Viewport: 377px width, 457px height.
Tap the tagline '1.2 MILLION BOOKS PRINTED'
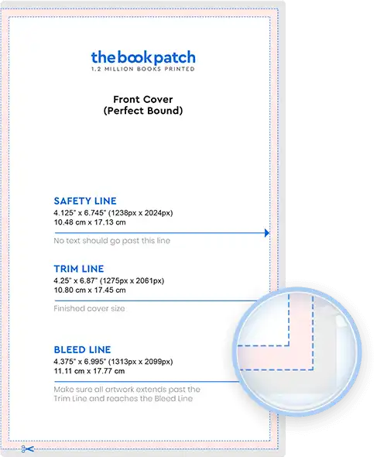(x=143, y=69)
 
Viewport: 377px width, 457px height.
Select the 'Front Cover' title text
(x=143, y=99)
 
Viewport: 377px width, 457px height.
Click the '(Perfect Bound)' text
(x=143, y=111)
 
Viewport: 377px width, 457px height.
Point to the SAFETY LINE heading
(x=85, y=201)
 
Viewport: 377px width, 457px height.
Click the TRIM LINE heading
(x=79, y=269)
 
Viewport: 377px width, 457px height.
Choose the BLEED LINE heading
(x=83, y=350)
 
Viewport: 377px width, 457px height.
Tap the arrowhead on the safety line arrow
(x=267, y=233)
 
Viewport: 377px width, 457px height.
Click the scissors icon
(x=28, y=448)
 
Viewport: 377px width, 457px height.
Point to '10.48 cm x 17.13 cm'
(x=90, y=222)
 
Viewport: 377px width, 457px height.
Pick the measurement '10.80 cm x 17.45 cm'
(x=90, y=290)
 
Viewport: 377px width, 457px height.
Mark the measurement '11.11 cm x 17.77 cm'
(x=89, y=371)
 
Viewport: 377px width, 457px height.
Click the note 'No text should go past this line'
(x=112, y=241)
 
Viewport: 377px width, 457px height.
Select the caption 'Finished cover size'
(x=89, y=308)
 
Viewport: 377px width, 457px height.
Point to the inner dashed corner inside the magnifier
(x=289, y=345)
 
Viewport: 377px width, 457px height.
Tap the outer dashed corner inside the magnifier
(x=313, y=369)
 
